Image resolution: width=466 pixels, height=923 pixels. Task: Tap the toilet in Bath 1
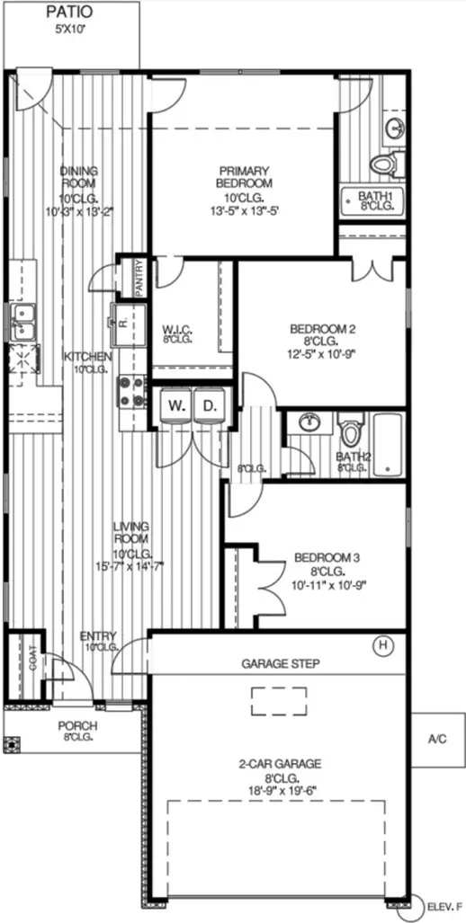click(x=388, y=163)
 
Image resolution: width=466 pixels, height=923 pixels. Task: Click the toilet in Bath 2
click(x=351, y=429)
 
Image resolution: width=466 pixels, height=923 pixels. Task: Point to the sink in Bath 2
click(x=309, y=422)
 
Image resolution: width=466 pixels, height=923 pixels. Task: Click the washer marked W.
click(x=176, y=406)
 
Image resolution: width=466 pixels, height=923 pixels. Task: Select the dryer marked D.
click(x=210, y=406)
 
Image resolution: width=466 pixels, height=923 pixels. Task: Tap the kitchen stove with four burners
click(x=133, y=391)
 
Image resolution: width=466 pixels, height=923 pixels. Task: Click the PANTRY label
click(x=139, y=277)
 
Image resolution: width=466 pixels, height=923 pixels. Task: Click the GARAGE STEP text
click(x=277, y=665)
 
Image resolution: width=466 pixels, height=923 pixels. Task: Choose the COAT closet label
click(x=33, y=663)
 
